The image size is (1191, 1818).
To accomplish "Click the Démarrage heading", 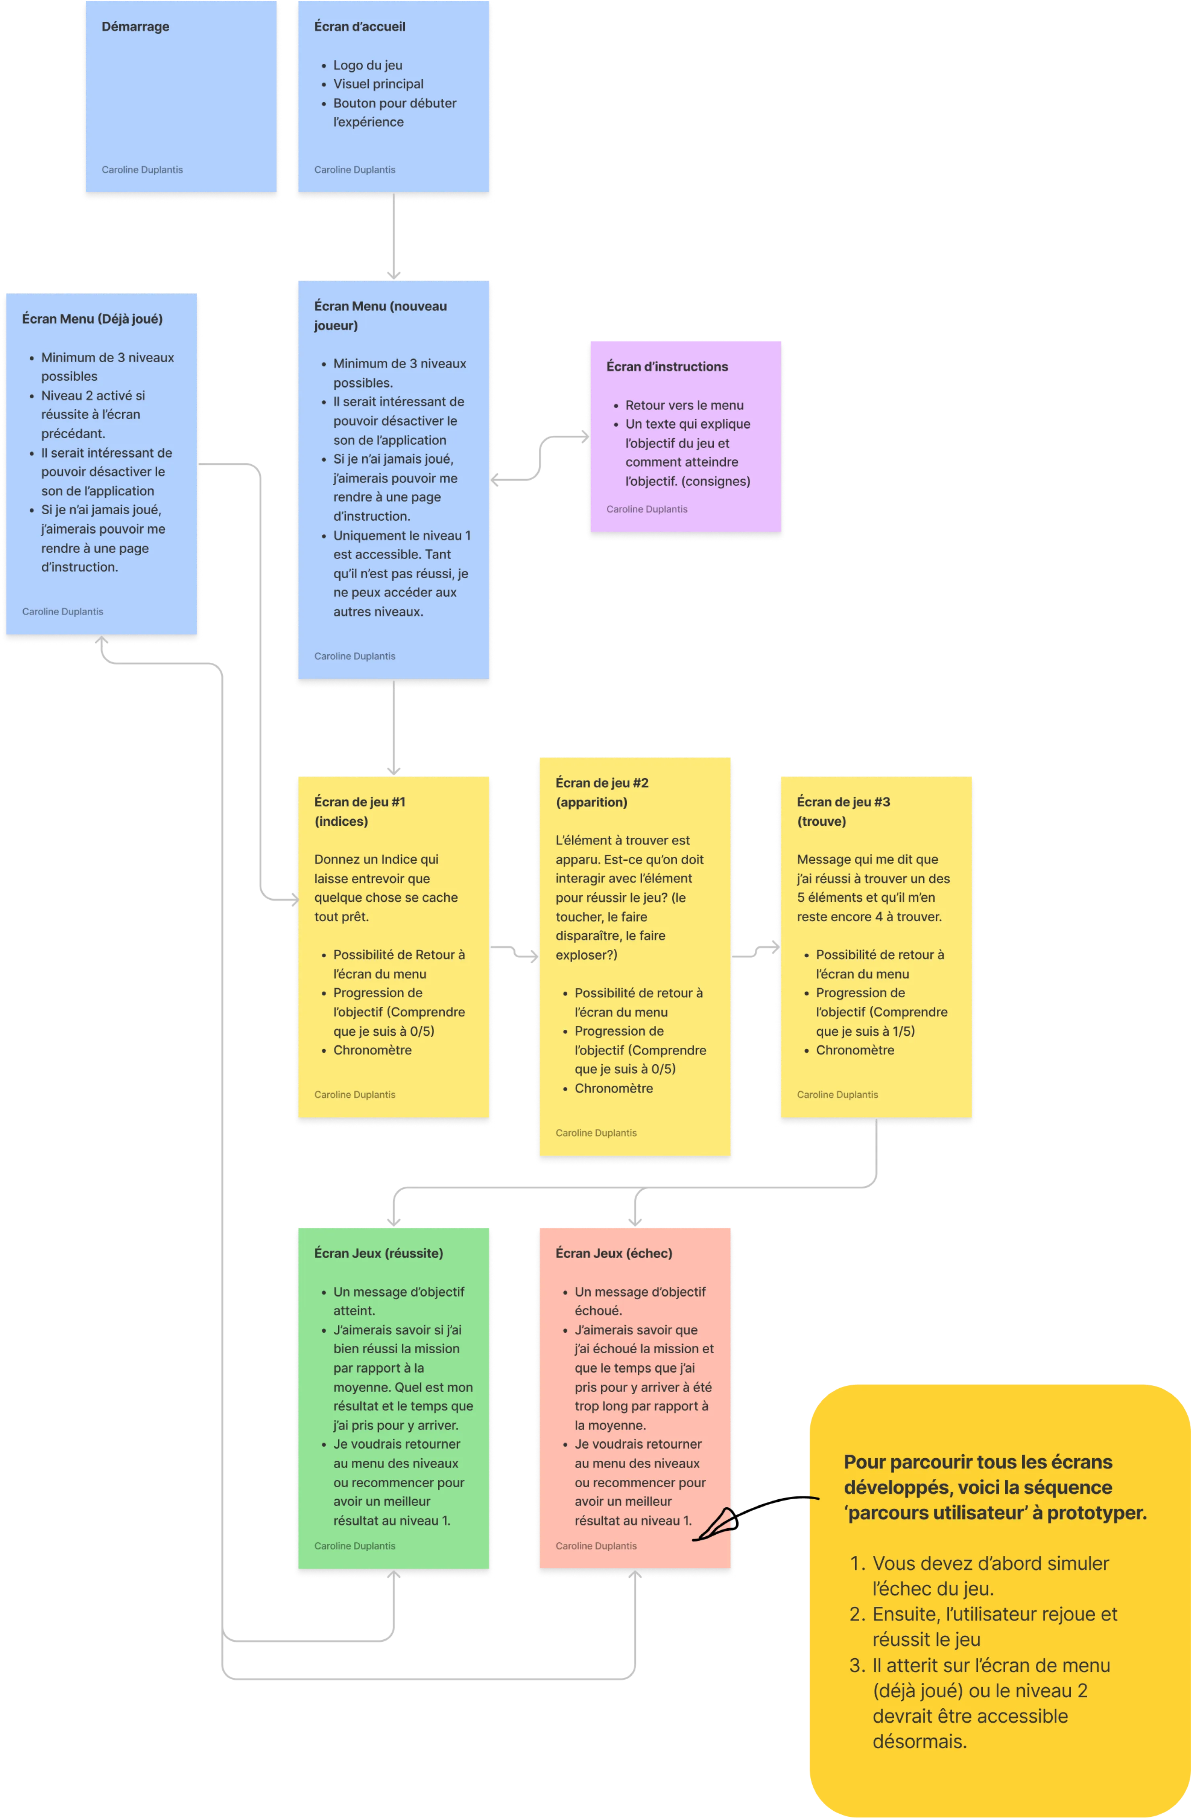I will (135, 27).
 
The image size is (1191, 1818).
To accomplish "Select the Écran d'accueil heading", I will (359, 27).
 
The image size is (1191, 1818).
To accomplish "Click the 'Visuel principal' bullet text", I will (378, 84).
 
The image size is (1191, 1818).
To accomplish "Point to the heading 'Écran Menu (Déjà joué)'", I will (92, 319).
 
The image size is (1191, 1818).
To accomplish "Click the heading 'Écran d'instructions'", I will (667, 367).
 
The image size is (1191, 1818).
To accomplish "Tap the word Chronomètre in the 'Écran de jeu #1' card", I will (372, 1050).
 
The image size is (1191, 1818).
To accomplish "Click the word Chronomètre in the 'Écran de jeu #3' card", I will (854, 1050).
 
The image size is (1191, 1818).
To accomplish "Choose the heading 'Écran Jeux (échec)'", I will (614, 1253).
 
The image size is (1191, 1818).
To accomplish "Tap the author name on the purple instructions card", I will (647, 509).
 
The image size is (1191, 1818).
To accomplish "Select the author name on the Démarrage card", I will (142, 169).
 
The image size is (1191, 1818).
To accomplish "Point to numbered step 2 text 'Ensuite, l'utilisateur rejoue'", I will (994, 1614).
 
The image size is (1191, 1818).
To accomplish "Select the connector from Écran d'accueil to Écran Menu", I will (393, 237).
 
